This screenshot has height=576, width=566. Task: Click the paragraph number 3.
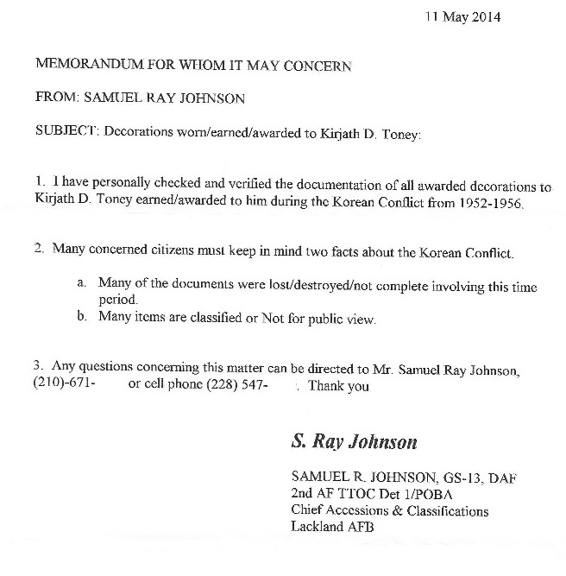coord(38,369)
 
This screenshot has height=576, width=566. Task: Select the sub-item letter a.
coord(80,283)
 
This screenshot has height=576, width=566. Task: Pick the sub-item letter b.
coord(80,319)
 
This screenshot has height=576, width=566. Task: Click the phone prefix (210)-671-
coord(64,385)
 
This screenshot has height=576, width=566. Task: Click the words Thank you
coord(338,385)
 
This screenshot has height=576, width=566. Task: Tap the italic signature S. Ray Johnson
coord(354,442)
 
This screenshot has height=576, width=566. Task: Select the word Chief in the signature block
coord(307,510)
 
